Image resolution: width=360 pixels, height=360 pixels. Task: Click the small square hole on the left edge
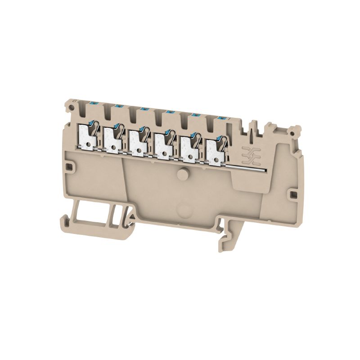(69, 166)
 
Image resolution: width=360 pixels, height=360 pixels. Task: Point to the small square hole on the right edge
(293, 194)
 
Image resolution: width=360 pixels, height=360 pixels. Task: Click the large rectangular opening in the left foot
(92, 211)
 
